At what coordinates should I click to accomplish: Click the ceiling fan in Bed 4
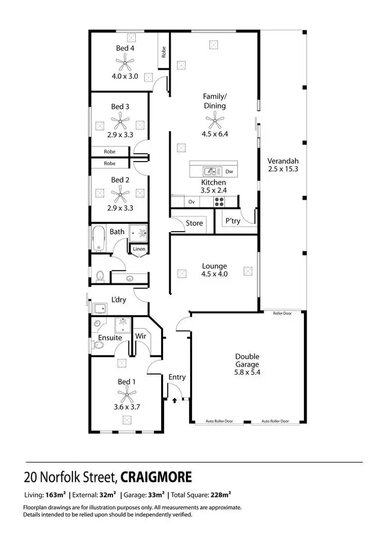pos(125,63)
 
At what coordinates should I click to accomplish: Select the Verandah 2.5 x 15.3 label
pos(283,165)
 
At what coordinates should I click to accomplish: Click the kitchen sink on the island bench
pos(210,171)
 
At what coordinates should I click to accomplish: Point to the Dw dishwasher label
pos(229,171)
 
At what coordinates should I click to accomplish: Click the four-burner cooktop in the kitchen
pos(219,202)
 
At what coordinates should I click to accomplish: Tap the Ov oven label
pos(192,202)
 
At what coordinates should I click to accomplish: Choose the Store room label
pos(194,223)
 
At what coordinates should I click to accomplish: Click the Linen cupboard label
pos(139,249)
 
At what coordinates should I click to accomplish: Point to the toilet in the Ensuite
pos(99,346)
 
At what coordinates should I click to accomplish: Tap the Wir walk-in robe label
pos(140,335)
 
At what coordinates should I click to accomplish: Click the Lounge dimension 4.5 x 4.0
pos(214,274)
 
